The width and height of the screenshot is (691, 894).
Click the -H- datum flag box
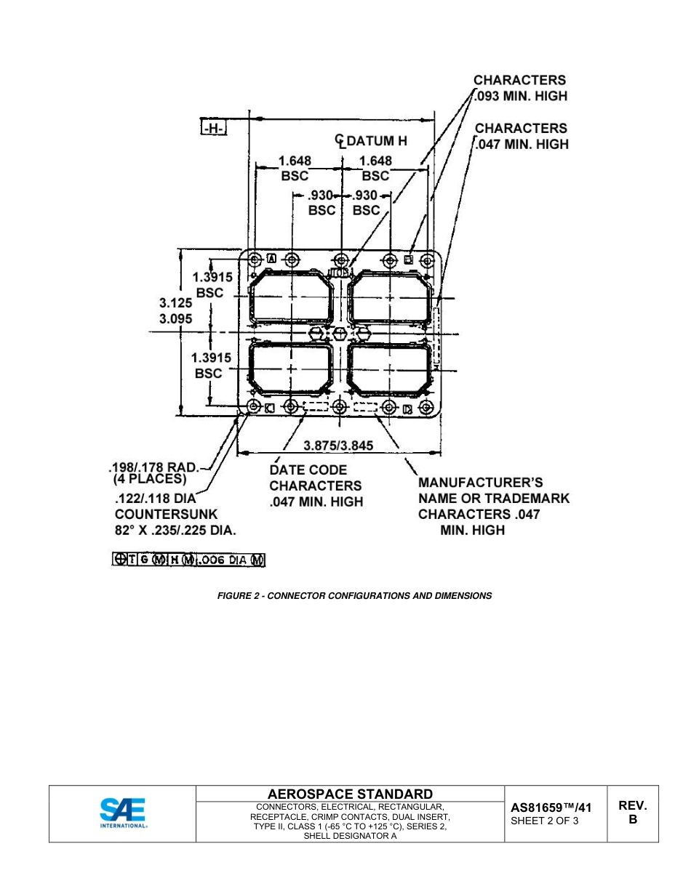click(x=215, y=129)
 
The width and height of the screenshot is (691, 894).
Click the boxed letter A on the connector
click(x=271, y=257)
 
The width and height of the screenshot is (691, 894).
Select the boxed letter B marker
click(x=408, y=259)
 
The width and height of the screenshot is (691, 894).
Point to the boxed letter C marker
click(x=270, y=408)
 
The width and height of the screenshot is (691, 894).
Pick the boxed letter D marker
click(x=407, y=408)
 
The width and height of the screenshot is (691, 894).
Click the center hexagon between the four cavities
click(x=340, y=333)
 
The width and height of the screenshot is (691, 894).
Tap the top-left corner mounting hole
click(x=255, y=260)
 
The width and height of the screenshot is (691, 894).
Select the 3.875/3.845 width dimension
click(x=339, y=446)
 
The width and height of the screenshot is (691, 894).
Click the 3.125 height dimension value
click(x=175, y=303)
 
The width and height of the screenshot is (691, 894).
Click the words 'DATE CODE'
click(x=308, y=470)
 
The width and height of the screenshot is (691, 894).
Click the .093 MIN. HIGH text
click(x=521, y=96)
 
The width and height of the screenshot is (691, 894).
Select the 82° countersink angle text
click(x=127, y=531)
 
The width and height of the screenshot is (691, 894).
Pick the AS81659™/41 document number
click(x=551, y=807)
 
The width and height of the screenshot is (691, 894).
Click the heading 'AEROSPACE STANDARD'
click(x=350, y=794)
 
